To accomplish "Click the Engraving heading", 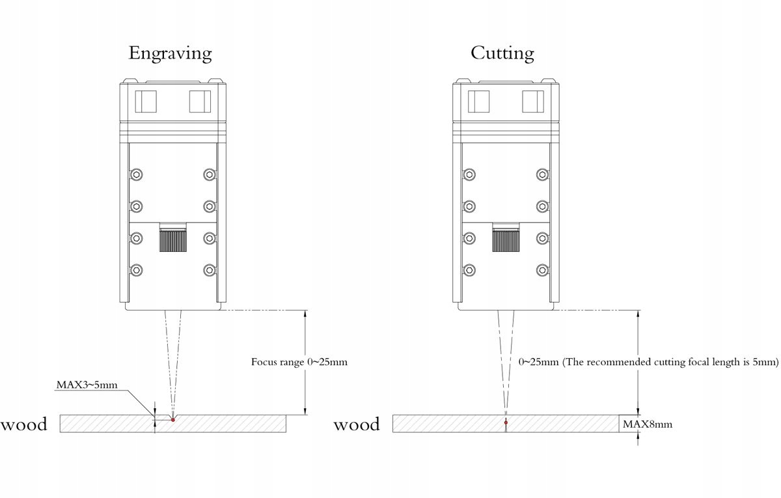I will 170,53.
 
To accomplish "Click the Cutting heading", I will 502,53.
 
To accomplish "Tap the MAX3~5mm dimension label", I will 87,385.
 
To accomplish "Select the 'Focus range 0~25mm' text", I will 299,362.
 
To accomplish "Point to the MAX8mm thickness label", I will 647,424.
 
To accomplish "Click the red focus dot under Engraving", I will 172,419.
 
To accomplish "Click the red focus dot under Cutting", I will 506,422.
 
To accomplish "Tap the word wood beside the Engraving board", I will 24,425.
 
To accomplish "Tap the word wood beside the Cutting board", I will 357,425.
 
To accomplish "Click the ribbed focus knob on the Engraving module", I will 173,238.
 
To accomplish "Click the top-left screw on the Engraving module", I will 137,174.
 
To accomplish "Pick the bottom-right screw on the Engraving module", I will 209,270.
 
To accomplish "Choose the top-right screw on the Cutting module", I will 542,174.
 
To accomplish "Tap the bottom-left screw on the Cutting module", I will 469,270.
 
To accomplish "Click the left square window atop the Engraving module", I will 146,102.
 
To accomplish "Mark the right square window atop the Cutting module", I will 532,102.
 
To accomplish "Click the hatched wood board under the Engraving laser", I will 228,424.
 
